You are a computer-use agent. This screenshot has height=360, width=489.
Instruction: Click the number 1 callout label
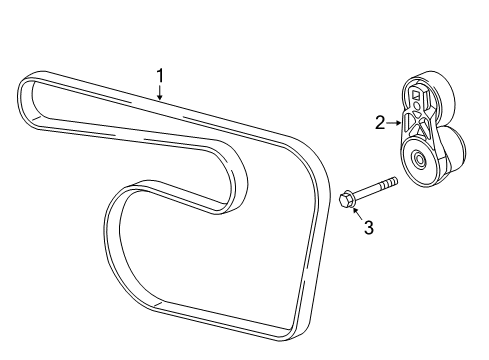(x=158, y=75)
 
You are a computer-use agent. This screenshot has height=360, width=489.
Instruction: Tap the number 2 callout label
(x=380, y=123)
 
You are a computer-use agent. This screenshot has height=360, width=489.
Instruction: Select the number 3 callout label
(x=368, y=228)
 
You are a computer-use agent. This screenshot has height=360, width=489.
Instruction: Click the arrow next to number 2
(x=396, y=123)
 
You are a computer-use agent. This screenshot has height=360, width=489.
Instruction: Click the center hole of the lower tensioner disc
(x=417, y=160)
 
